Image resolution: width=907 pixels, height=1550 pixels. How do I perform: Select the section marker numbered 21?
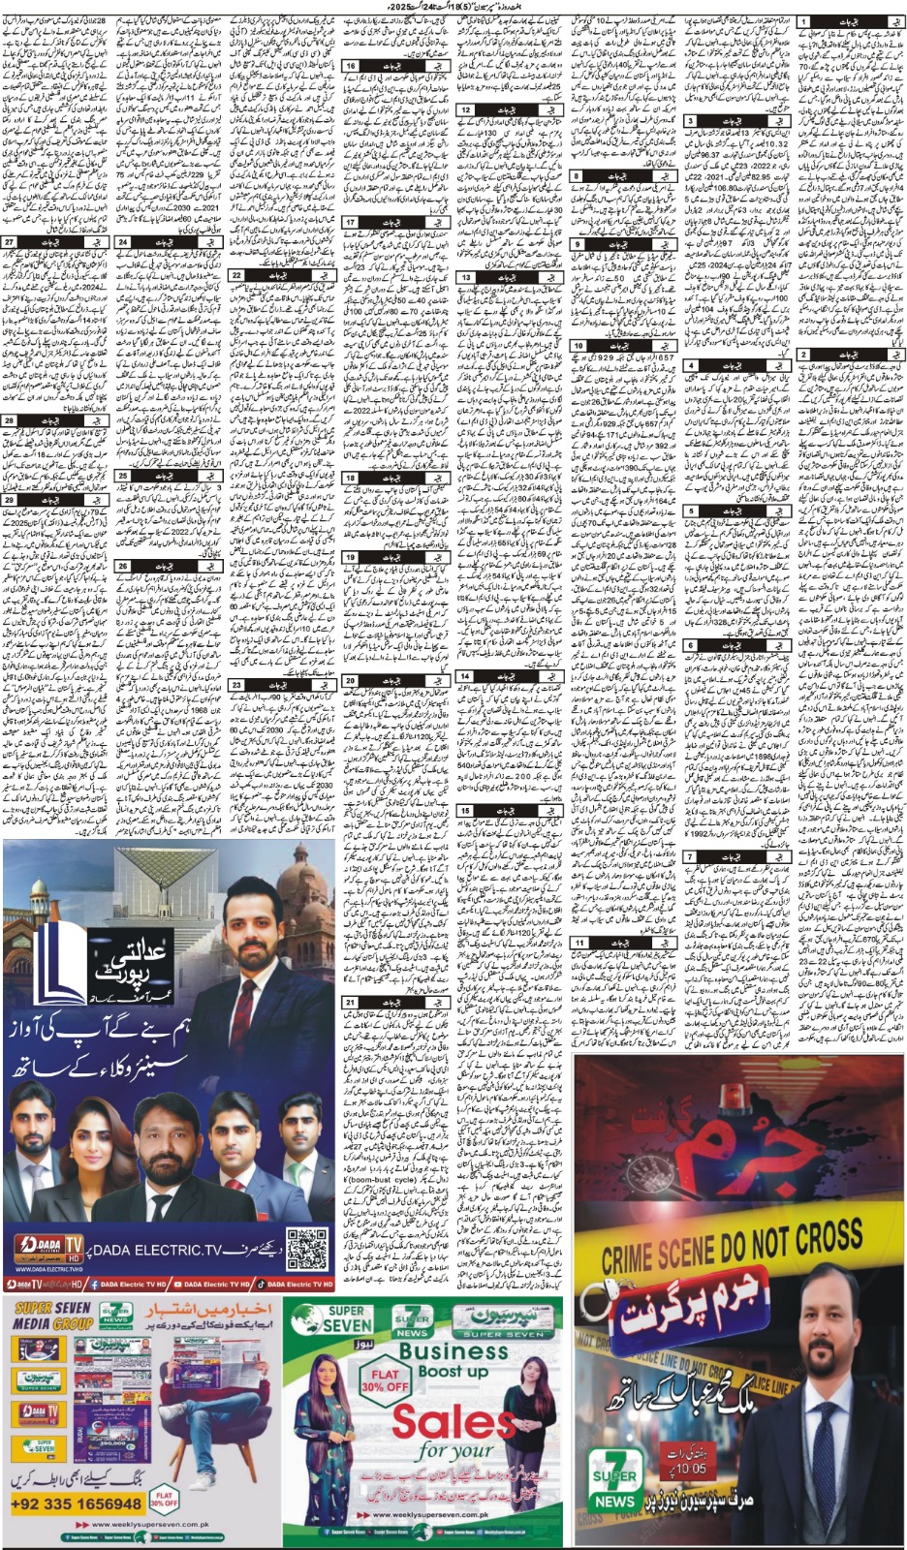pos(350,1003)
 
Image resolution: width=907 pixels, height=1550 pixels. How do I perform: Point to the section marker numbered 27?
pos(10,242)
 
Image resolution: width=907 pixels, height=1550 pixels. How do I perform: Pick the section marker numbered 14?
pos(465,676)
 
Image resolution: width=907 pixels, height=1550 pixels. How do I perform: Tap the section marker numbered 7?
pos(690,857)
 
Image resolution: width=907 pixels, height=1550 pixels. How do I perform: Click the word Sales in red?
pos(453,1423)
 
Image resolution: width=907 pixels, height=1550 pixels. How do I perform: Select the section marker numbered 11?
pos(579,942)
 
